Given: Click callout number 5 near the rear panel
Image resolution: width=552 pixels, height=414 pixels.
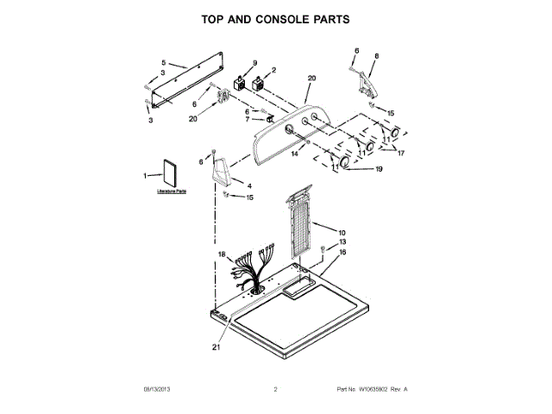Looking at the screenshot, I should (163, 62).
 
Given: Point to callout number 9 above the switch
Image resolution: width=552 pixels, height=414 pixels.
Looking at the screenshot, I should (254, 63).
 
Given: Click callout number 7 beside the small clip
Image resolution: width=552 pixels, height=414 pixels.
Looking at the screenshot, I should (248, 120).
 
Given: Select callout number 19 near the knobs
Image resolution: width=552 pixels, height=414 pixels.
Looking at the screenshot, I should (378, 169).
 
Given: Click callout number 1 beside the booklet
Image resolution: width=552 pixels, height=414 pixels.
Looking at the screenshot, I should (146, 176).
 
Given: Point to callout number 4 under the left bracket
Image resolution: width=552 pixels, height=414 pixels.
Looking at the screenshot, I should (249, 186).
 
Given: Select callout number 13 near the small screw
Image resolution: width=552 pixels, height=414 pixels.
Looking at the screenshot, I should (342, 242).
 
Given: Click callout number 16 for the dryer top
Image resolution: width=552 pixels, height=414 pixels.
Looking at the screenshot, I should (342, 253).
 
